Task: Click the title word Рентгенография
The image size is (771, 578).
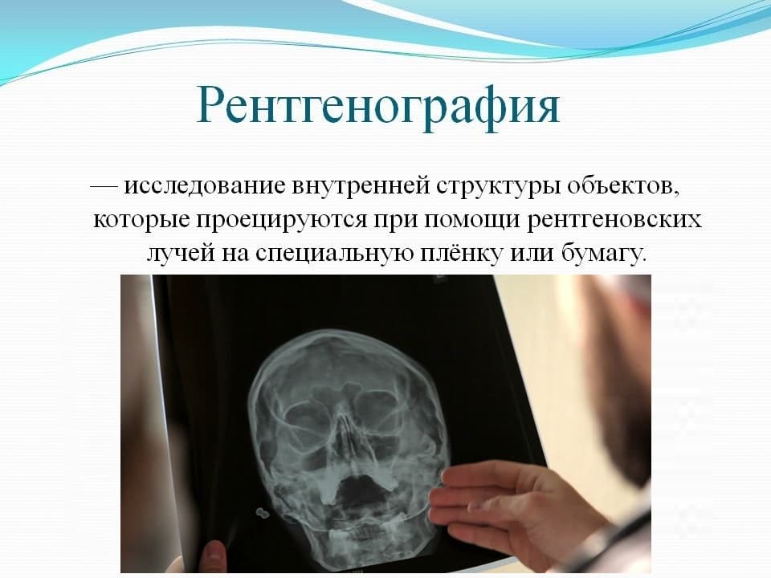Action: click(x=378, y=108)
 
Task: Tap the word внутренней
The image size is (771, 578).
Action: click(x=361, y=187)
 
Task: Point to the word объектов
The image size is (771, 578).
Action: click(x=622, y=187)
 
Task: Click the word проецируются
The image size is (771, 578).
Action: click(x=282, y=221)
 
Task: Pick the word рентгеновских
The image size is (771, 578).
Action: click(x=614, y=221)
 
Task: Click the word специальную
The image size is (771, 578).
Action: click(x=337, y=254)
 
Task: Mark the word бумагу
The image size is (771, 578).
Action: click(x=602, y=253)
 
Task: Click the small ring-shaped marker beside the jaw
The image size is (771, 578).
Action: click(x=262, y=513)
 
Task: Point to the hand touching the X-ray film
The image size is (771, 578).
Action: click(x=512, y=511)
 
